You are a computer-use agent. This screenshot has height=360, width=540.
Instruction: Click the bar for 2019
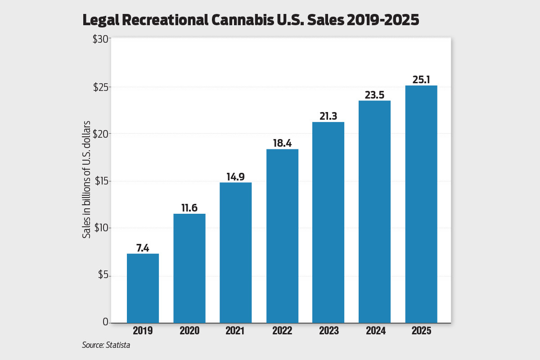143,288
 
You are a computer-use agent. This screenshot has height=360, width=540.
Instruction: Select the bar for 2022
282,236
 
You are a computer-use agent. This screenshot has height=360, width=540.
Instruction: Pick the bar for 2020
189,268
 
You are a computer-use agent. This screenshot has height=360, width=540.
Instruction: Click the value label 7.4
143,247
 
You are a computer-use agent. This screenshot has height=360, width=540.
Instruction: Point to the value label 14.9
236,176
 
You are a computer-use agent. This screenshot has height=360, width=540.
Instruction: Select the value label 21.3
328,116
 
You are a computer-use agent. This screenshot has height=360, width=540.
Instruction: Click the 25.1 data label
421,80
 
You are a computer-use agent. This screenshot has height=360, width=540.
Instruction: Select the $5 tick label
103,275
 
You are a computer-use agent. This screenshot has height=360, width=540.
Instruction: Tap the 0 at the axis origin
106,322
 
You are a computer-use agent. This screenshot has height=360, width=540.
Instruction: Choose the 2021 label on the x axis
236,331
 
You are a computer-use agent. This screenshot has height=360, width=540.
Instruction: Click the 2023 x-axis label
328,331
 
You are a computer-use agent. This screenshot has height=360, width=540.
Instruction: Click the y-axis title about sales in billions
86,180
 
